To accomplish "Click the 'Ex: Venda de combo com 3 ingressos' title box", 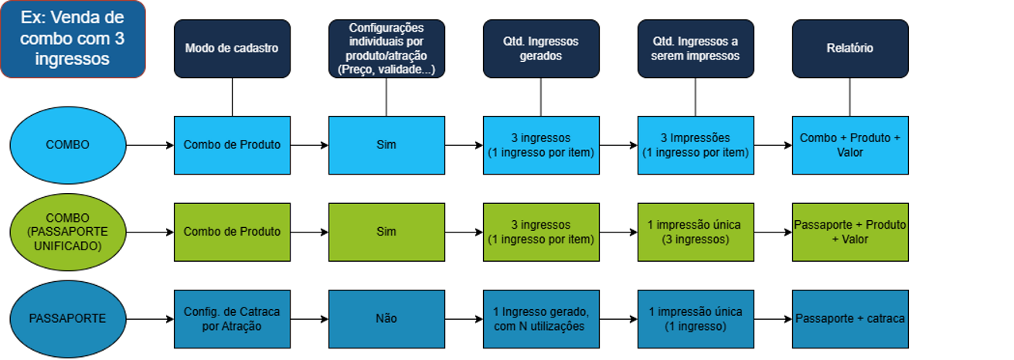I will [x=73, y=39].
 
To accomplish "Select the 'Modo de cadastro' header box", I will [x=232, y=48].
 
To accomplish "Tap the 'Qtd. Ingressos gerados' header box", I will [x=541, y=48].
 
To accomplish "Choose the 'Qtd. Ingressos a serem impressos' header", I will [x=696, y=48].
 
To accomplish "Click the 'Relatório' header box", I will [x=850, y=48].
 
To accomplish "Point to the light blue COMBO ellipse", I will [x=67, y=144].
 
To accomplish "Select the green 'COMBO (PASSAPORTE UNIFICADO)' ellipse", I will [x=67, y=232].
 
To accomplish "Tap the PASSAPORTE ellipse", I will [x=67, y=318].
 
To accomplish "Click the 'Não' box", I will [x=386, y=318].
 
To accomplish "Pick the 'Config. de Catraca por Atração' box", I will [x=232, y=318].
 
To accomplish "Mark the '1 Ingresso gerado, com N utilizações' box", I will [x=541, y=318].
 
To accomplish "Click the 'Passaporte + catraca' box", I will [x=850, y=318].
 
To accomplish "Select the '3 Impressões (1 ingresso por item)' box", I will [x=696, y=144].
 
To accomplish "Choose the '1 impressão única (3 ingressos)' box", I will [x=696, y=232].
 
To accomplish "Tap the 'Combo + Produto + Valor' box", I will [x=850, y=144].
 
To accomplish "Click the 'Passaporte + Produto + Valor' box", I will [x=850, y=232].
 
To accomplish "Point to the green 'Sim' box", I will [x=386, y=232].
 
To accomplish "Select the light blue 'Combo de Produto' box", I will [x=232, y=144].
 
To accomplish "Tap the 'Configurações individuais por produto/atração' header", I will [x=386, y=48].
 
